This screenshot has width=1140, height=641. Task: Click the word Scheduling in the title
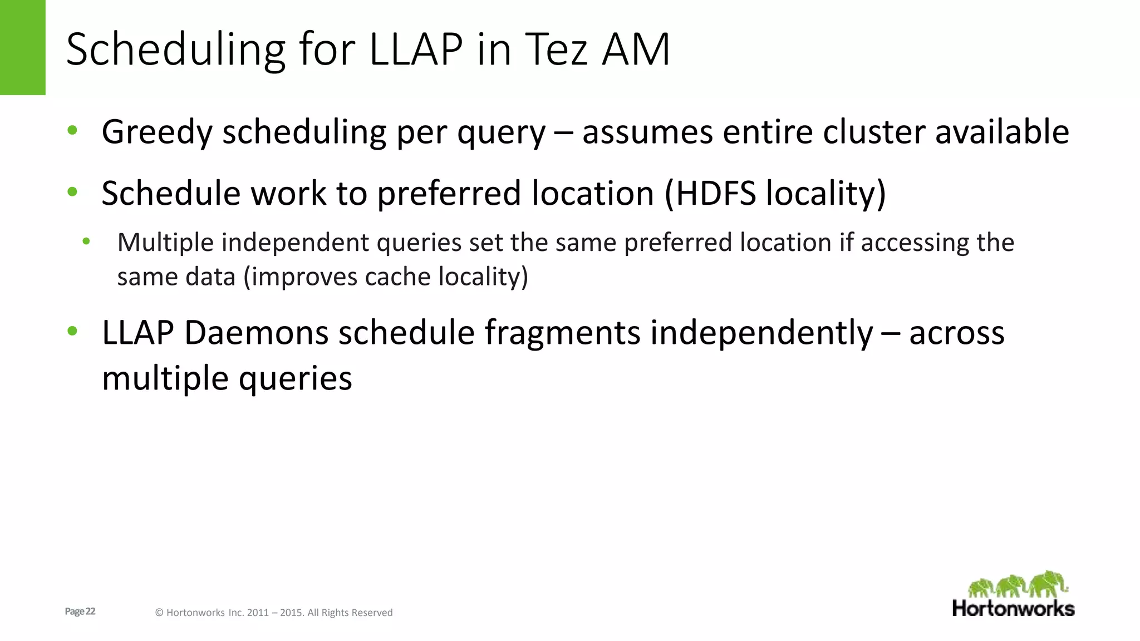(176, 50)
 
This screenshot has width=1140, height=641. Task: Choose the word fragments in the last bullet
(562, 333)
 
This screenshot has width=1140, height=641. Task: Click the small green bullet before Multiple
(86, 241)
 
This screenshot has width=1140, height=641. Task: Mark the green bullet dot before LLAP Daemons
(72, 332)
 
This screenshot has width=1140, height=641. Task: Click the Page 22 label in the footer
(80, 612)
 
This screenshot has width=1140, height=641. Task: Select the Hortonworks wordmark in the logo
(1013, 608)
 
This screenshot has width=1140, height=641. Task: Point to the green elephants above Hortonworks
(1017, 584)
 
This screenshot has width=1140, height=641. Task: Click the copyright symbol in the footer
(159, 613)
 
